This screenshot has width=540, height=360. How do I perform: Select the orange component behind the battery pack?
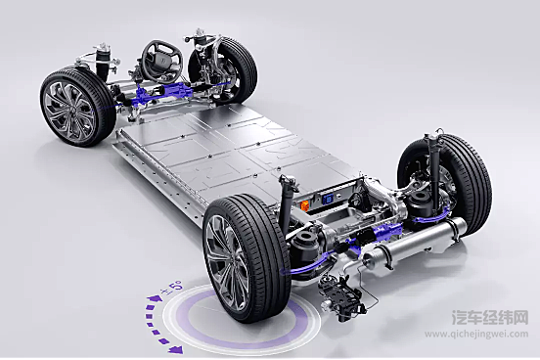pos(305,205)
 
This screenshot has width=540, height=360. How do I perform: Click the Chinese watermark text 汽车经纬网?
pos(490,318)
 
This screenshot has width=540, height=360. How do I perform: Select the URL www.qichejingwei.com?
pos(476,334)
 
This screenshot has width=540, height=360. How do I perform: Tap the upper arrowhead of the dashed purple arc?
pos(152,298)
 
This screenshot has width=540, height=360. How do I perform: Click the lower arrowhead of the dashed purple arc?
pos(176,350)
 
